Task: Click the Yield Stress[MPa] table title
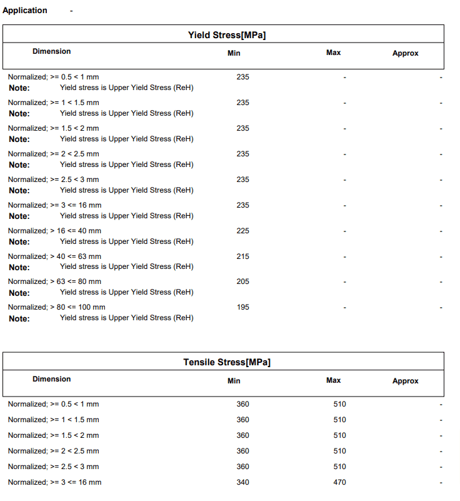227,35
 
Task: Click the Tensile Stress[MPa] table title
227,362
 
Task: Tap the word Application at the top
25,10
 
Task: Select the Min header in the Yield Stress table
234,53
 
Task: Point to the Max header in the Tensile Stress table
334,380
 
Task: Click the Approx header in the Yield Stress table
405,53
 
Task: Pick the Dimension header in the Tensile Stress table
52,379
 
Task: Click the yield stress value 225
242,231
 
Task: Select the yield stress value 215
242,256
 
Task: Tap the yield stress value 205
242,281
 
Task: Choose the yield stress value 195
242,307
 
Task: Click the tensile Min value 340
242,482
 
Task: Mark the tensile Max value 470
339,482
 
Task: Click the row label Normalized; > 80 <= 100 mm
56,307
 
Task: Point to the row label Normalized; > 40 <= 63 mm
54,256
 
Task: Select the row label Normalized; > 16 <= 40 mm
54,231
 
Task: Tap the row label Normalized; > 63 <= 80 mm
54,281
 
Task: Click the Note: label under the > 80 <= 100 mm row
19,318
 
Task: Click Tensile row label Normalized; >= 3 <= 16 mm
54,482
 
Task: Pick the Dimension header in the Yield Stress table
52,51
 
